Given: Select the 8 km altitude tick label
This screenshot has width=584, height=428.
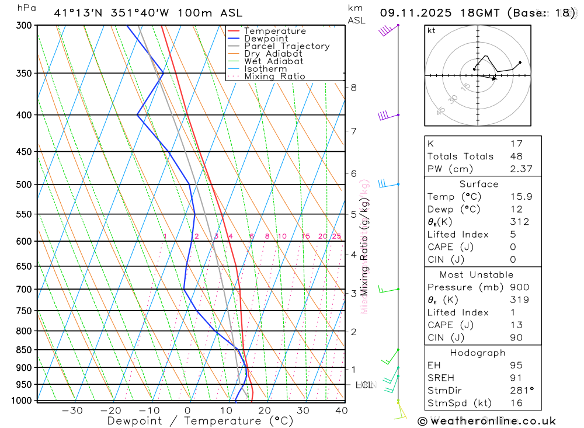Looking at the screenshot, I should [x=353, y=88].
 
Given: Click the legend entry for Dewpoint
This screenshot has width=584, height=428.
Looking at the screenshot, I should [x=266, y=39].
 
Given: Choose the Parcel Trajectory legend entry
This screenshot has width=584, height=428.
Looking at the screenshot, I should [x=286, y=46].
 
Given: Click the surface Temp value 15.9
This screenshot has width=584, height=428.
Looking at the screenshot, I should [x=520, y=197].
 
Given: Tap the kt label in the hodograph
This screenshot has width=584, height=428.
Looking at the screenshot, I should [x=431, y=30].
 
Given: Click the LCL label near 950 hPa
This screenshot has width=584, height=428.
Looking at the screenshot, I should [x=364, y=385].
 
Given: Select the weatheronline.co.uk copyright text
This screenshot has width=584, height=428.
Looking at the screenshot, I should [x=487, y=421].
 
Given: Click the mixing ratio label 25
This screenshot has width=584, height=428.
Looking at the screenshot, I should [x=336, y=236].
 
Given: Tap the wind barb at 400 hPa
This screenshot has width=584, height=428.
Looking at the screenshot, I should [x=385, y=115].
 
